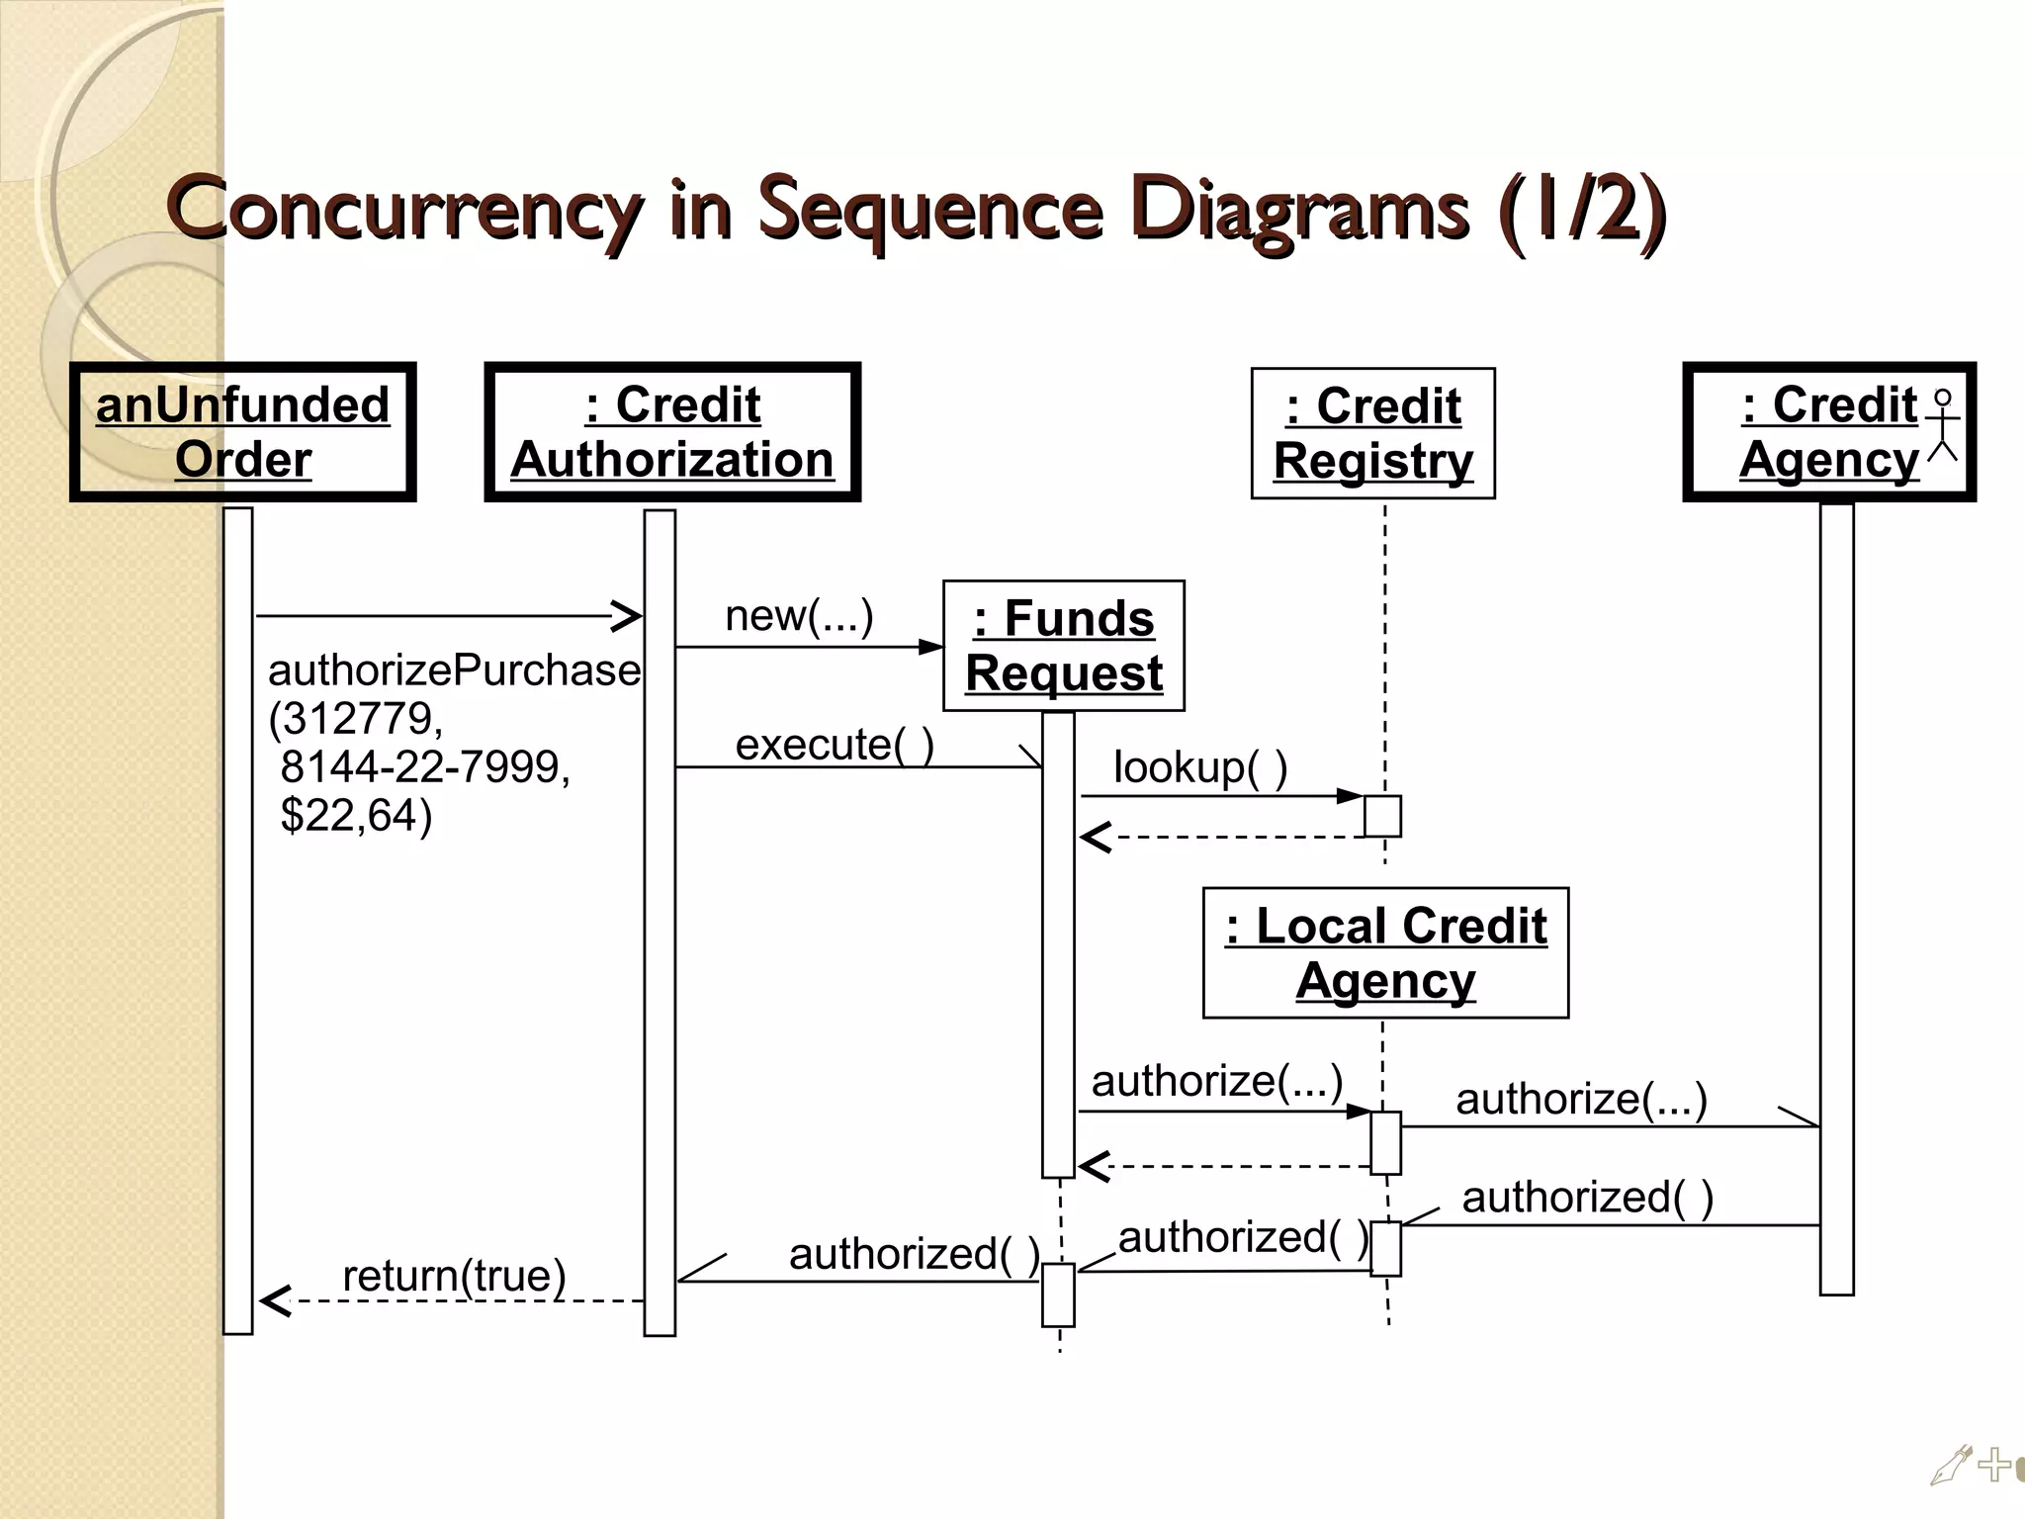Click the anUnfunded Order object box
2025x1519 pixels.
pos(242,432)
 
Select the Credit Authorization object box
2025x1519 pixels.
pos(672,432)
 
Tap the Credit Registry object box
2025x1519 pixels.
pos(1372,433)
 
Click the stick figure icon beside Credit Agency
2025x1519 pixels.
pos(1943,425)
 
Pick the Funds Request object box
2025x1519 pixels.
pos(1064,646)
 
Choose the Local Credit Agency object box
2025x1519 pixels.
pos(1385,953)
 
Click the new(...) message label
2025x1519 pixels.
pos(799,616)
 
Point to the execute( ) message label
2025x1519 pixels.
pos(835,745)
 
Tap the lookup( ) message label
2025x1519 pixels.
pos(1200,767)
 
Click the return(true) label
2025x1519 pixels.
pos(454,1276)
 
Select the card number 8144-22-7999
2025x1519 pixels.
pos(425,767)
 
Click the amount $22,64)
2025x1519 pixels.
pos(356,816)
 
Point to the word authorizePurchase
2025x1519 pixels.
pos(454,670)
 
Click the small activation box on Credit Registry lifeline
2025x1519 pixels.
pos(1382,816)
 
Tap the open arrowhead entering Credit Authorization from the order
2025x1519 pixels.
pos(627,616)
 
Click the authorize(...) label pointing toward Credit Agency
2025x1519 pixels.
pos(1581,1099)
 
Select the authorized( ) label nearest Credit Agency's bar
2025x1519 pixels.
pos(1587,1198)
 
